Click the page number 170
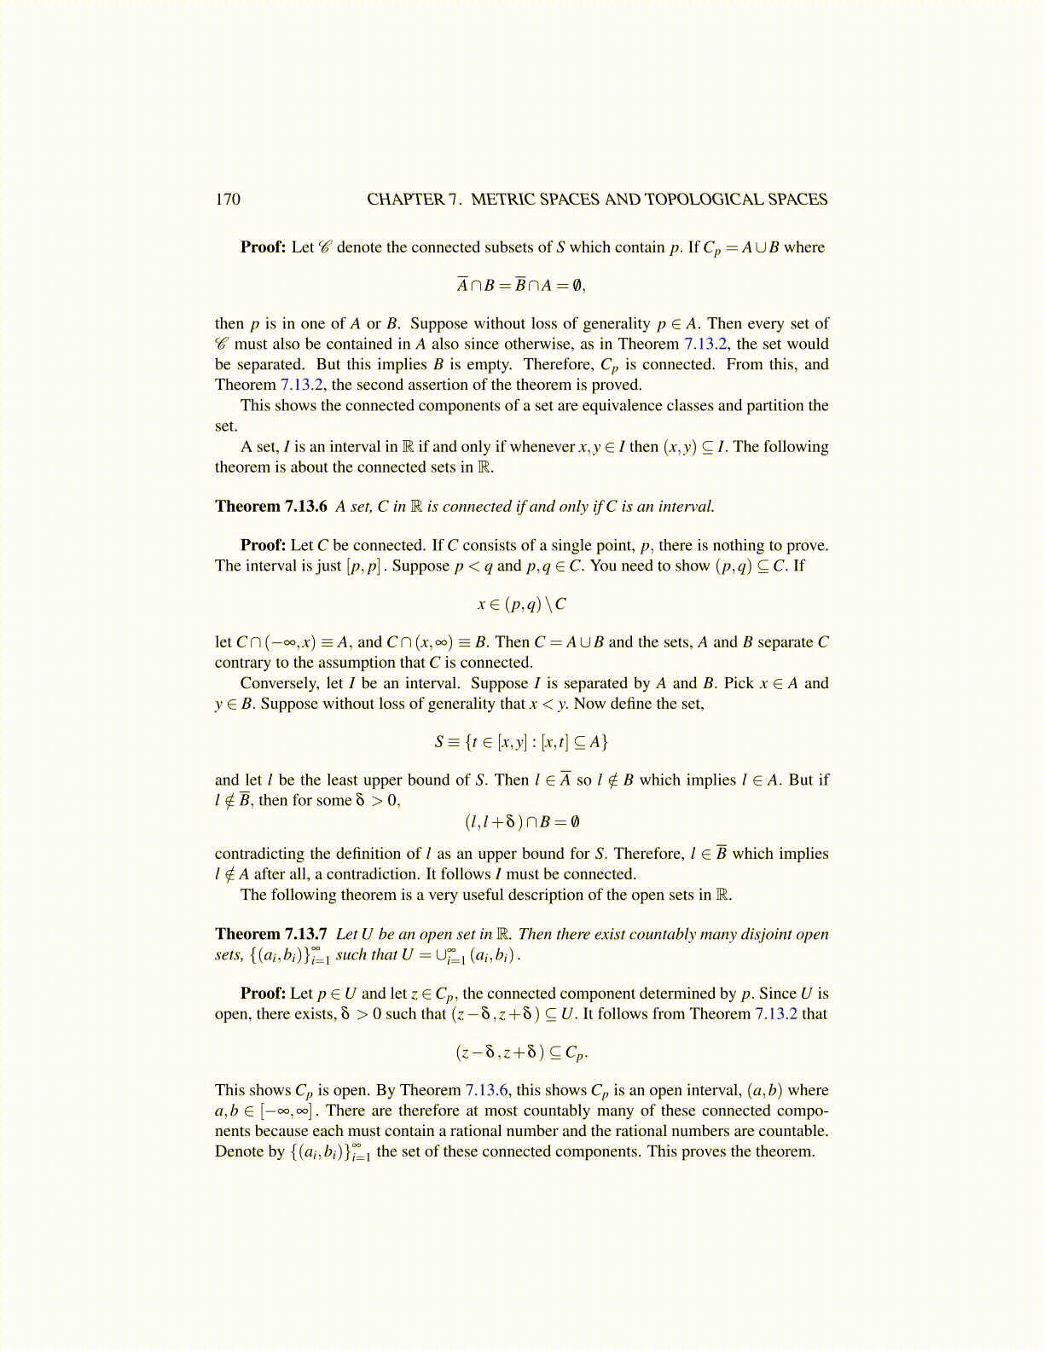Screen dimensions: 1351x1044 [228, 200]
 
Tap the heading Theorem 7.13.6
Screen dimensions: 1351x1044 [271, 507]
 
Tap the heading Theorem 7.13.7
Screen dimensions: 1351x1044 [271, 934]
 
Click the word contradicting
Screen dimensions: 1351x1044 [259, 854]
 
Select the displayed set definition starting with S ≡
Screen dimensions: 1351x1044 [521, 742]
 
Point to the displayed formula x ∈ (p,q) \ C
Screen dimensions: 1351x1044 [521, 605]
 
